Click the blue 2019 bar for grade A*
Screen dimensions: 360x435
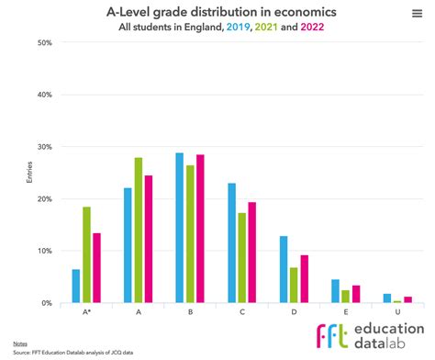(x=76, y=286)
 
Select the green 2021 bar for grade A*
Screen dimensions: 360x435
(x=87, y=254)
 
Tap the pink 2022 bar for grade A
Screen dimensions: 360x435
(x=149, y=239)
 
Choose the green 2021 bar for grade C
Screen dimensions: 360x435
(x=241, y=258)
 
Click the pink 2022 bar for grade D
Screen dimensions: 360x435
(x=304, y=278)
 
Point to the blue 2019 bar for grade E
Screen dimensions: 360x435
(x=335, y=290)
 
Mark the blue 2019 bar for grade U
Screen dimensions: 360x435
(x=386, y=298)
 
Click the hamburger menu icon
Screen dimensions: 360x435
(x=418, y=14)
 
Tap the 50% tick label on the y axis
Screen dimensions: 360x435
(x=45, y=43)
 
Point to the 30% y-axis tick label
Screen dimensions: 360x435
(x=45, y=147)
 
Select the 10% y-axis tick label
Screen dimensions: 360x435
(x=45, y=251)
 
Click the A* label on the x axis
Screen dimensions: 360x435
(x=86, y=312)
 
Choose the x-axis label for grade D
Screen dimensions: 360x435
(x=294, y=312)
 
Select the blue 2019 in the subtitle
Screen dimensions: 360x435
(x=239, y=27)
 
